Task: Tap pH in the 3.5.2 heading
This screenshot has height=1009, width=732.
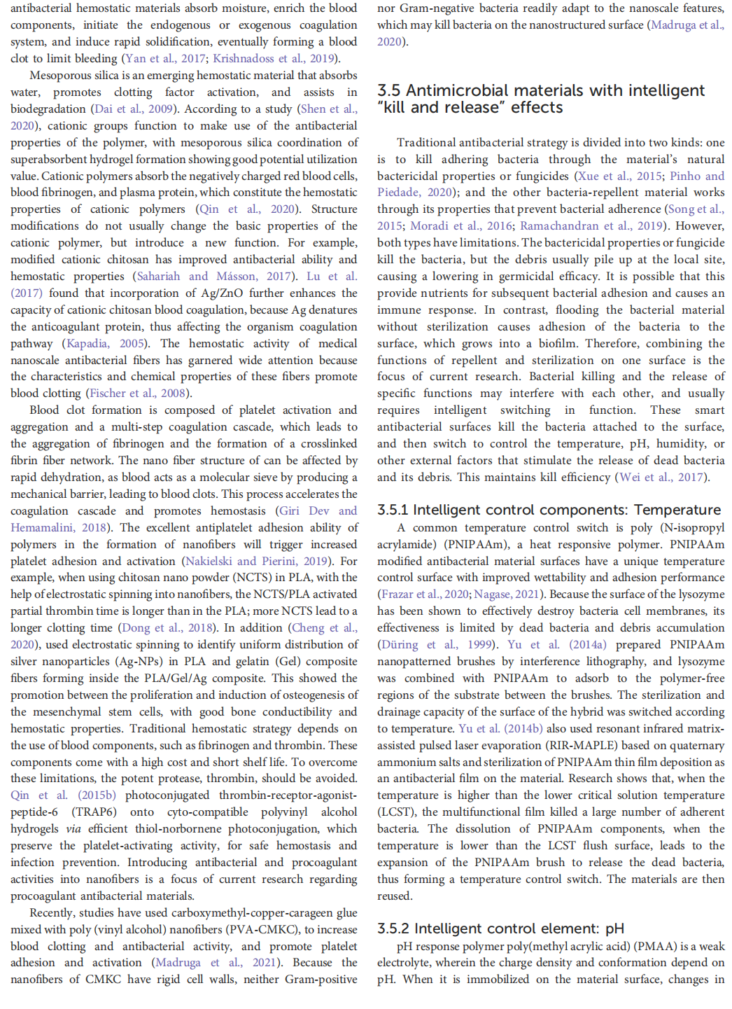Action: click(614, 928)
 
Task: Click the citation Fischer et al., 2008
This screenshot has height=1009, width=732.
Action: click(139, 394)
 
